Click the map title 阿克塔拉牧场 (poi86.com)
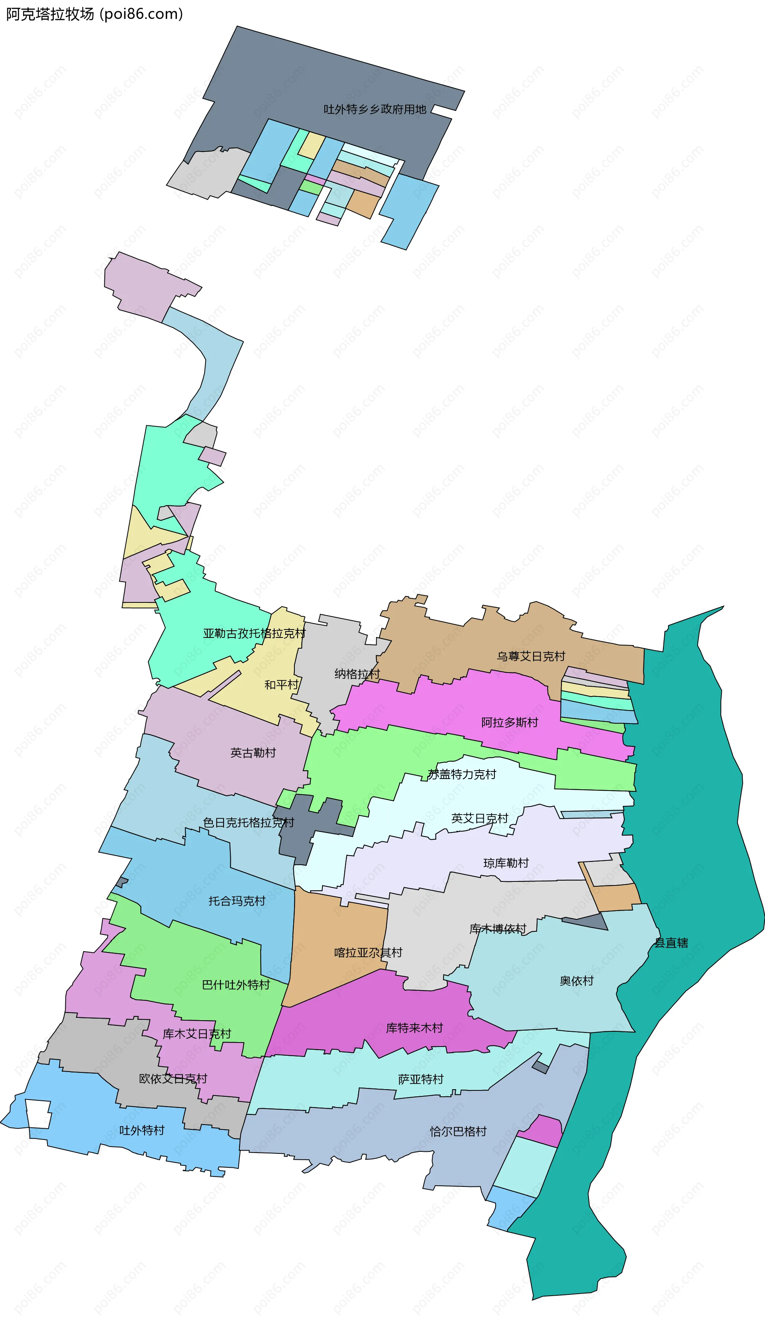(94, 14)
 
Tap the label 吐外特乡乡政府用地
(375, 109)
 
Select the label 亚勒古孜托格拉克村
(254, 634)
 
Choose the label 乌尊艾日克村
(531, 657)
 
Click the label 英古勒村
(253, 753)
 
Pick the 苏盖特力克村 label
(462, 775)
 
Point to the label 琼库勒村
(506, 863)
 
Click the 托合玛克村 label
(237, 901)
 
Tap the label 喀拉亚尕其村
(368, 953)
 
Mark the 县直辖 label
(671, 943)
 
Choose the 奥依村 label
(577, 981)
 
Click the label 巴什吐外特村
(236, 985)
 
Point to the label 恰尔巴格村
(458, 1131)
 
